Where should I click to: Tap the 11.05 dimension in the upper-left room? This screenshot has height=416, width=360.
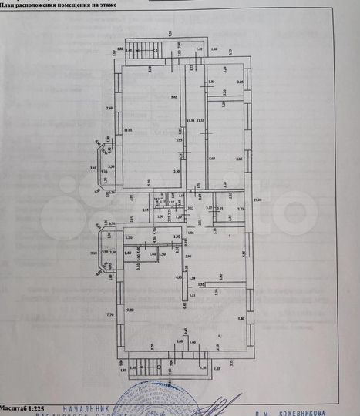pos(127,129)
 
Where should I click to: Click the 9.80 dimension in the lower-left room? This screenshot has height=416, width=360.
pos(130,310)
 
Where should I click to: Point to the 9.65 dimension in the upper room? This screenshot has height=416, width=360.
pos(174,96)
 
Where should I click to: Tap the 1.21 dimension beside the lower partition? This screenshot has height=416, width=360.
pos(193,295)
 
